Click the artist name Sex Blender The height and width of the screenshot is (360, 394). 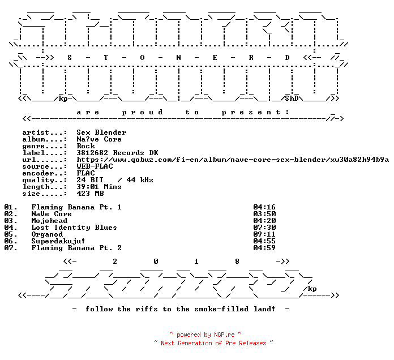(101, 132)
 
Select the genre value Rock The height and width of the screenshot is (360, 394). (85, 146)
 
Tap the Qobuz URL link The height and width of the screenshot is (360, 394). (233, 160)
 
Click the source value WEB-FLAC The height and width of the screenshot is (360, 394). (95, 166)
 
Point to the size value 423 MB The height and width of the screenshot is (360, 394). (90, 194)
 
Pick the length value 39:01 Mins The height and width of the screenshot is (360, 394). (99, 187)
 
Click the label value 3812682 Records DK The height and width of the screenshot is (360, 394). (117, 153)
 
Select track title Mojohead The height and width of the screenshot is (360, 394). (49, 221)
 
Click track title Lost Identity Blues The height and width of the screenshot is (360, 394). (74, 228)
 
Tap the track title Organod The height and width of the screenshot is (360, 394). (47, 234)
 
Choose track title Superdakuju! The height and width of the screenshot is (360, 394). (58, 241)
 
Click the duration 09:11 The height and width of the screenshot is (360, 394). (264, 234)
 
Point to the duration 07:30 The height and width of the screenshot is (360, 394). (264, 228)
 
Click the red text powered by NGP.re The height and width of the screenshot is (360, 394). (205, 335)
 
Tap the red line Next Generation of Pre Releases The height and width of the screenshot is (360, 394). (213, 343)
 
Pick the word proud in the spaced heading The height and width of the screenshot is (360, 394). (143, 112)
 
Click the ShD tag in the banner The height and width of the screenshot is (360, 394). (292, 98)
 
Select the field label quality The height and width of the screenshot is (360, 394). (38, 180)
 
